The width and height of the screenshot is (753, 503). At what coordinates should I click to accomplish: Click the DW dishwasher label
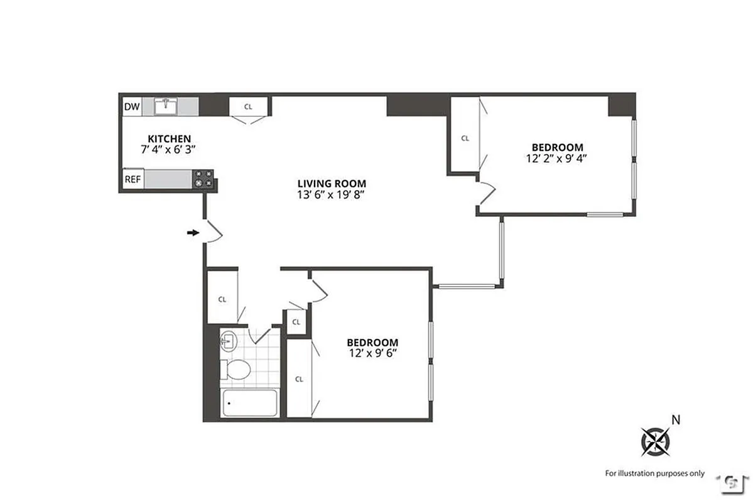coord(132,107)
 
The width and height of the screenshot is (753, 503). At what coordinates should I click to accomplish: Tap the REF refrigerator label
coord(133,179)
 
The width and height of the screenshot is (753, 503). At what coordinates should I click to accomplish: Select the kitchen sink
coord(166,106)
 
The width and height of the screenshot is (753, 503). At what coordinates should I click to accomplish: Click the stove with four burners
coord(203,179)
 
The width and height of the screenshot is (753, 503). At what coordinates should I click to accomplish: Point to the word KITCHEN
coord(169,139)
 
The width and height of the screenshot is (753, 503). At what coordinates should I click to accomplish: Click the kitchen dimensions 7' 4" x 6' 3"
coord(169,150)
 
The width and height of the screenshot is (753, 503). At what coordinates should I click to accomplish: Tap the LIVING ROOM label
coord(331,183)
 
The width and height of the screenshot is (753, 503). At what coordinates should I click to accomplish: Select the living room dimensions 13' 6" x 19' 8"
coord(331,194)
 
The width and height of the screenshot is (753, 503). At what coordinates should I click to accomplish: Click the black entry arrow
coord(192,233)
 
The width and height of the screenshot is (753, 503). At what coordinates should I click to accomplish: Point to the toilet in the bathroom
coord(237,368)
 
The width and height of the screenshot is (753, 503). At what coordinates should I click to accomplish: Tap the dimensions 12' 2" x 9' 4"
coord(556,158)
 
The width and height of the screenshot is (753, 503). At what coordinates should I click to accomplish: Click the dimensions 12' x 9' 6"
coord(372,353)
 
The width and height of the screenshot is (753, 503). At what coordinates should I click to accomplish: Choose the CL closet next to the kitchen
coord(248,106)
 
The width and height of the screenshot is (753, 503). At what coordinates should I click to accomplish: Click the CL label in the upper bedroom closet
coord(465,138)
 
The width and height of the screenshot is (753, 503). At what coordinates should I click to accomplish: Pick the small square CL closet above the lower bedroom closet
coord(296,322)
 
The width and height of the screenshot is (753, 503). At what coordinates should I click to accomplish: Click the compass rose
coord(654,441)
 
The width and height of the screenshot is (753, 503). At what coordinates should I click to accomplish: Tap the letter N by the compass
coord(676,419)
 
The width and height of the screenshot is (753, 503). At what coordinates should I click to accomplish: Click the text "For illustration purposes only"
coord(654,473)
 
